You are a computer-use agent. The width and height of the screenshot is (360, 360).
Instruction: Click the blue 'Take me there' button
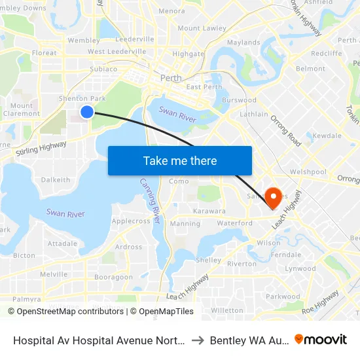click(180, 161)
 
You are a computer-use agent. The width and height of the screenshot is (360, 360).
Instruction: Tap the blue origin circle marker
click(86, 112)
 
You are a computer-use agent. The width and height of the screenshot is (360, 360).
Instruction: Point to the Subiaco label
click(103, 68)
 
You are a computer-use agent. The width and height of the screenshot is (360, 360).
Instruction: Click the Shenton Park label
click(82, 98)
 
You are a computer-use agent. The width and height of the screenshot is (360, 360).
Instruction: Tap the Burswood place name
click(239, 100)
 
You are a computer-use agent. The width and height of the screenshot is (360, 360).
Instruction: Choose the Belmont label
click(310, 68)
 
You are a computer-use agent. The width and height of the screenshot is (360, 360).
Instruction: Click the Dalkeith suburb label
click(56, 179)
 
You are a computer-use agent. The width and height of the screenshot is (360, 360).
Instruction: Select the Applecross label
click(131, 221)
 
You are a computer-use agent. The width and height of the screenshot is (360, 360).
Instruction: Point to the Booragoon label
click(113, 277)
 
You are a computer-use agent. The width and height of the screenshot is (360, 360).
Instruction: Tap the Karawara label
click(209, 211)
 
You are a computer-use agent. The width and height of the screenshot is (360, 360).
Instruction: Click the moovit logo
click(321, 339)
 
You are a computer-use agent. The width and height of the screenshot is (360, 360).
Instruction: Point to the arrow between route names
click(197, 340)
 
